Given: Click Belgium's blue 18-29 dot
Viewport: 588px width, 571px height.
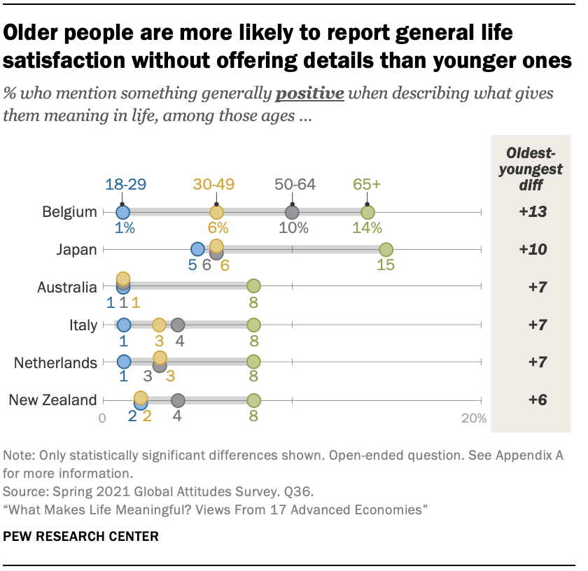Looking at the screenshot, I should point(123,212).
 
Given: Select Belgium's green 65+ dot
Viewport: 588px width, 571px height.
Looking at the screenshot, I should point(367,212).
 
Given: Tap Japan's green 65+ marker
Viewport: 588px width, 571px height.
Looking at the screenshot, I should point(386,250).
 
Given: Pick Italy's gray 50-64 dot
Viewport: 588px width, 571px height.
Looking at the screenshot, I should point(178,325).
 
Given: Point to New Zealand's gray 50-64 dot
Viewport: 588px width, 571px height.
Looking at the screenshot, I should point(178,400).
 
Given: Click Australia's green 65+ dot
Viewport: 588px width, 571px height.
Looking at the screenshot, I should point(253,285).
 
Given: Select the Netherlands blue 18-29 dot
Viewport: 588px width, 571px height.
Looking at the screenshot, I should point(124,362).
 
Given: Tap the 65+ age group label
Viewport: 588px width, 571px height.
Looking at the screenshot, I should point(366,185).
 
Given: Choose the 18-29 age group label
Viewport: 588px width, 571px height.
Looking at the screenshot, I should point(126,185).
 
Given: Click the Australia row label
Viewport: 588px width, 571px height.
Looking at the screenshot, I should point(68,288).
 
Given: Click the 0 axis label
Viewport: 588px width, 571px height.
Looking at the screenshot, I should point(102,418).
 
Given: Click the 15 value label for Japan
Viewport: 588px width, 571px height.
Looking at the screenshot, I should point(386,266).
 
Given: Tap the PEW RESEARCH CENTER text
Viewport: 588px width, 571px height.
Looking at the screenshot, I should point(80,537).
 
